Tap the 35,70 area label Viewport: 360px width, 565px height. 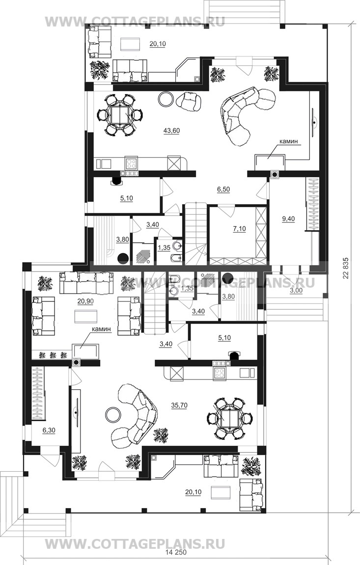coord(179,405)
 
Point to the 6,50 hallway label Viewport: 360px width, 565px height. coord(223,189)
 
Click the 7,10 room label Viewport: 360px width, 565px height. coord(239,228)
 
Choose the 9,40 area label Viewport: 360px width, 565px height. coord(288,218)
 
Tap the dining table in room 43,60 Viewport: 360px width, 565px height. coord(120,114)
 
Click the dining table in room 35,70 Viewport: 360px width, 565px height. coord(229,418)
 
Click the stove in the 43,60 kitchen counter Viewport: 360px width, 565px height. coord(131,163)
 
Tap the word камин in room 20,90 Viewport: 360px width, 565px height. coord(101,329)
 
